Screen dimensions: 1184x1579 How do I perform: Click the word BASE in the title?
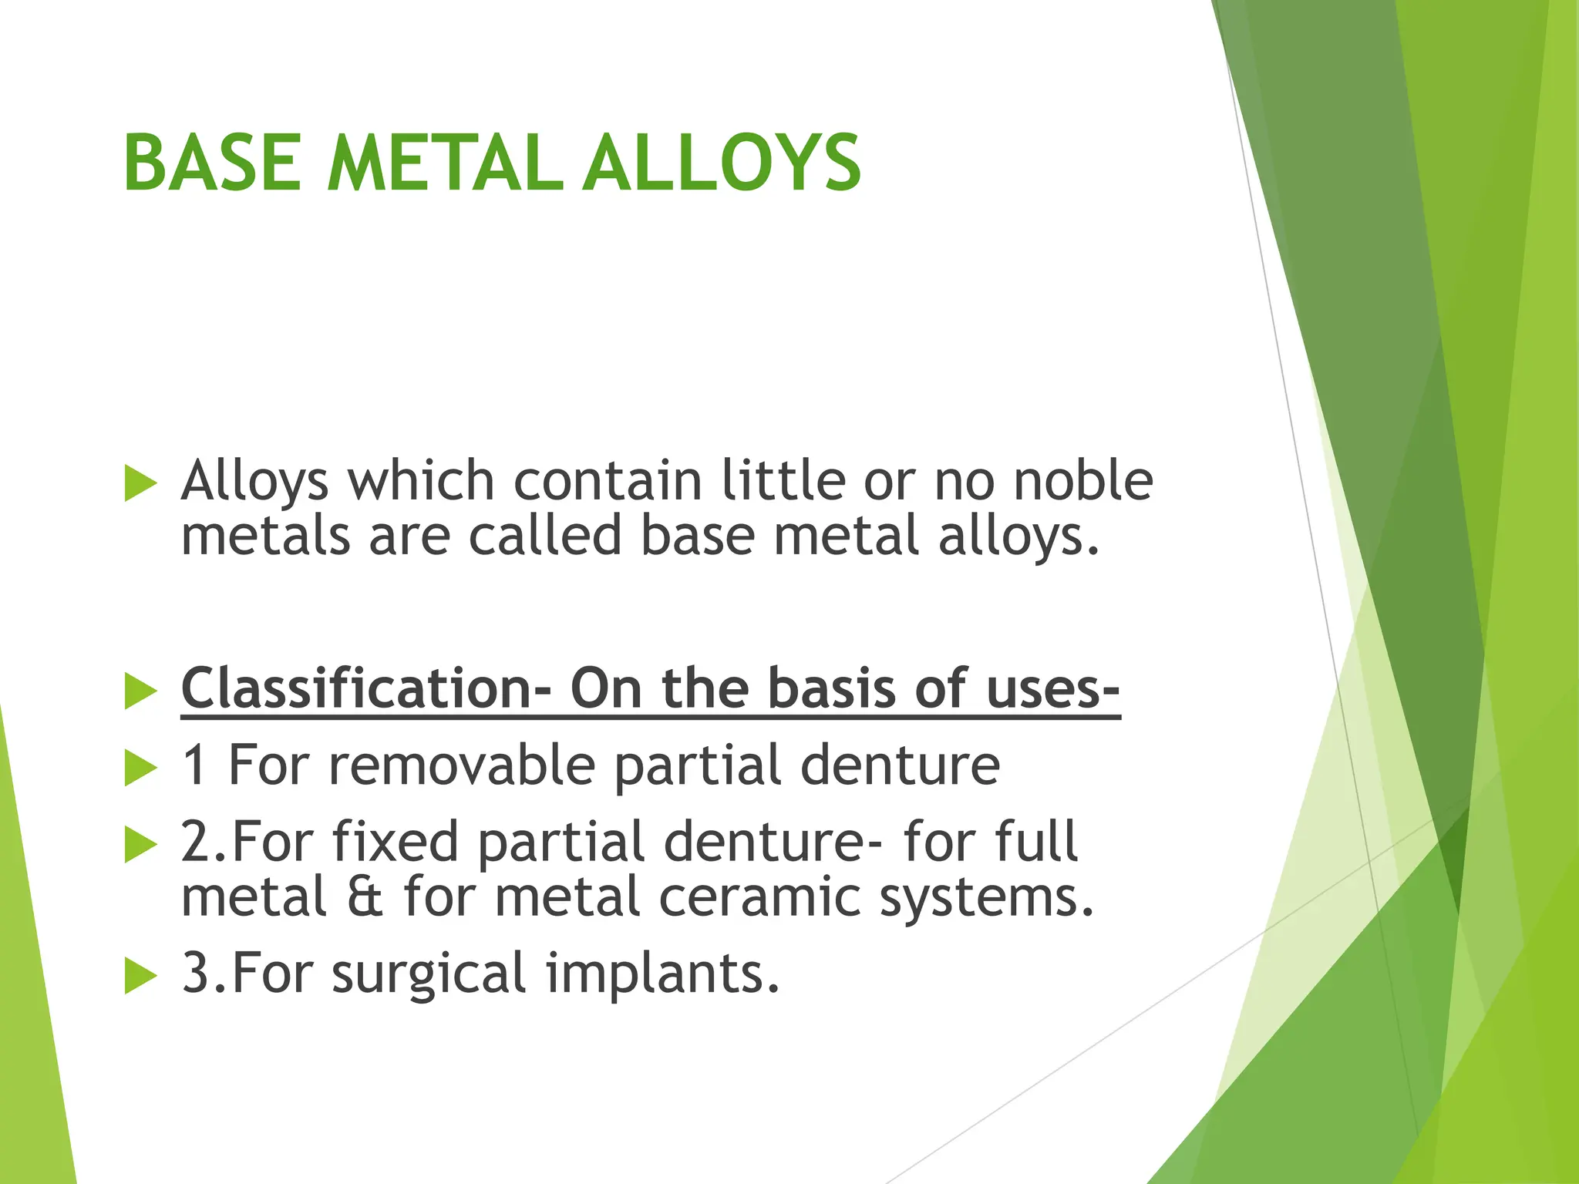[212, 163]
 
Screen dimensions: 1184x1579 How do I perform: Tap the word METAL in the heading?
[445, 163]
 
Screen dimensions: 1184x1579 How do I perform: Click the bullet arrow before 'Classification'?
[140, 691]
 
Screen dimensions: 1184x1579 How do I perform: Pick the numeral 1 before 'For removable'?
[194, 765]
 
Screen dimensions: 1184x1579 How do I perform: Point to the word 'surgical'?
[429, 974]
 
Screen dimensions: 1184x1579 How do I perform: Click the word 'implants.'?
[663, 974]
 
